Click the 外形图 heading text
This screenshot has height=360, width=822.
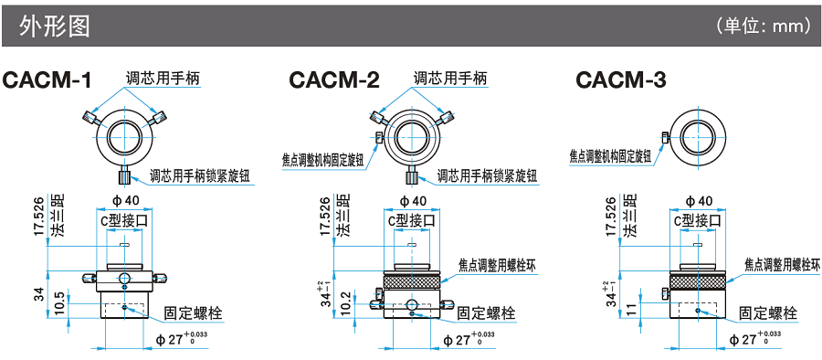click(55, 26)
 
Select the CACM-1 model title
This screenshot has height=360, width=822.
click(47, 80)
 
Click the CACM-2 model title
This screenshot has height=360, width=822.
click(334, 80)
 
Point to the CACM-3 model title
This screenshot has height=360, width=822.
click(621, 80)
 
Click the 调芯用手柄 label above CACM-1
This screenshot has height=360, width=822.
click(163, 79)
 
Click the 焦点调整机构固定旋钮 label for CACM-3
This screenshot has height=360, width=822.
click(610, 156)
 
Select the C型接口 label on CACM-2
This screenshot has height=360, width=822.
click(412, 220)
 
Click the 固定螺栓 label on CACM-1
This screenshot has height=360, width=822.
click(193, 313)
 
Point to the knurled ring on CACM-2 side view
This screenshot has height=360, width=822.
click(412, 282)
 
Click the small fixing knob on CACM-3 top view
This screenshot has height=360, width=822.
click(664, 137)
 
